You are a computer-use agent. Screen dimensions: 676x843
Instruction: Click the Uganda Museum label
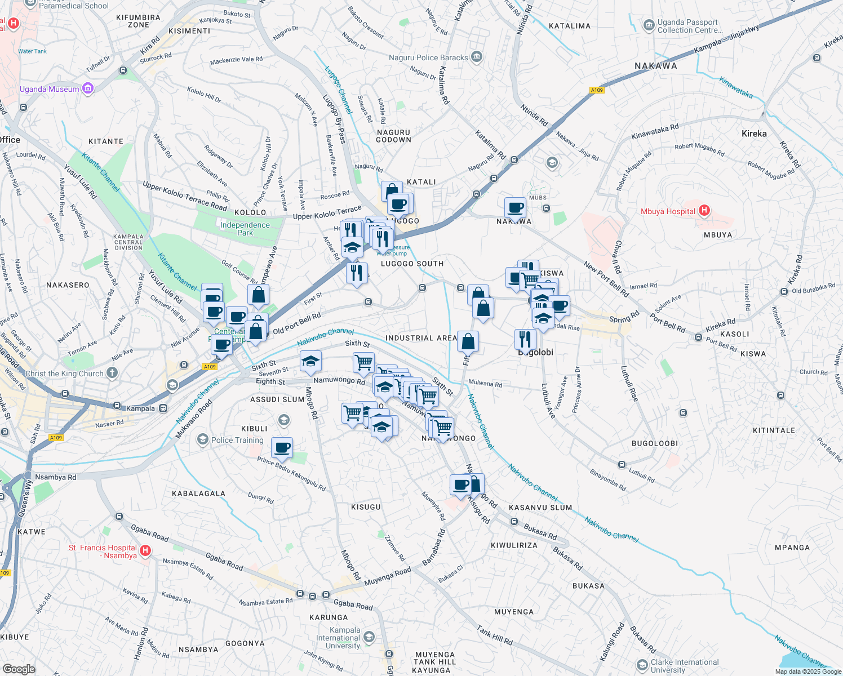[x=50, y=89]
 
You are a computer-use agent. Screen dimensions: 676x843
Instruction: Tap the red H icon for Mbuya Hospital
[x=704, y=211]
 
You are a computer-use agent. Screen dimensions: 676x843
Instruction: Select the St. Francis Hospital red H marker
[x=145, y=550]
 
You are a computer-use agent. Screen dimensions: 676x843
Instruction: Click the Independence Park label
[x=245, y=229]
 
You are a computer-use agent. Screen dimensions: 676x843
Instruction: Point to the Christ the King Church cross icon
[x=112, y=372]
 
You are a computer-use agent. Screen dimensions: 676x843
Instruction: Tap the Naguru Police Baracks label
[x=428, y=57]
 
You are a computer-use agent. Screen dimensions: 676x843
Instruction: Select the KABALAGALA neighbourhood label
[x=198, y=493]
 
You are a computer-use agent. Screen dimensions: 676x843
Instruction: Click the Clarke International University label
[x=685, y=666]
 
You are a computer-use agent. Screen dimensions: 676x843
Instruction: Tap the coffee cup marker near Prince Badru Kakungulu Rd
[x=282, y=448]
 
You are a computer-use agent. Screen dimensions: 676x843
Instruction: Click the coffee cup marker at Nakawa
[x=515, y=208]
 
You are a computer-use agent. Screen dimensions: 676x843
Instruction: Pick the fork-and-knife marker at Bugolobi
[x=525, y=340]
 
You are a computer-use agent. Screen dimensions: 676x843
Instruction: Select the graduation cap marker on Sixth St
[x=310, y=362]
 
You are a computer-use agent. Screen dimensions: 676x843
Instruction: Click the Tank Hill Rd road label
[x=494, y=635]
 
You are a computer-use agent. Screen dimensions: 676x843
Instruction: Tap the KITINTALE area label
[x=774, y=430]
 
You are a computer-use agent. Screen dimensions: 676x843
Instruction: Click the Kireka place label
[x=754, y=134]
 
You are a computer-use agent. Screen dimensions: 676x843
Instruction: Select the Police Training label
[x=237, y=440]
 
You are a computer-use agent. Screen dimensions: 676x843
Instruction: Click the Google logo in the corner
[x=19, y=669]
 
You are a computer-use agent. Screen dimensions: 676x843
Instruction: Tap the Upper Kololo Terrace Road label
[x=184, y=195]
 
